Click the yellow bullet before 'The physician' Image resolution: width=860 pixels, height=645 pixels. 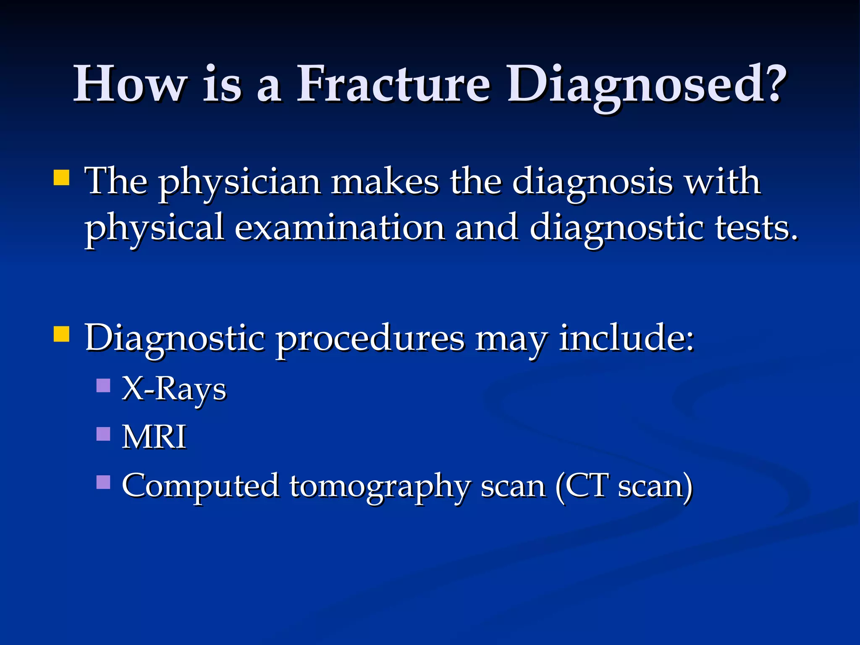tap(61, 178)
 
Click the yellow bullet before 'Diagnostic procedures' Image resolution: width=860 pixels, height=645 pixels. tap(61, 335)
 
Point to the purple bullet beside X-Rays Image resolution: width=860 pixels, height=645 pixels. tap(103, 385)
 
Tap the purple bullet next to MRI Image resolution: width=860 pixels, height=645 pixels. tap(103, 434)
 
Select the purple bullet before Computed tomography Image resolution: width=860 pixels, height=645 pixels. tap(103, 482)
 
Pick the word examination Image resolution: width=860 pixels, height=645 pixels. tap(339, 228)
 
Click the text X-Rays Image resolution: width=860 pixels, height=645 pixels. tap(174, 388)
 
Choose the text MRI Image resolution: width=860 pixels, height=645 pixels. tap(154, 437)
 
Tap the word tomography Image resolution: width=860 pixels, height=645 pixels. tap(379, 486)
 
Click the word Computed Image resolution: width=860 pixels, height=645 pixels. tap(200, 486)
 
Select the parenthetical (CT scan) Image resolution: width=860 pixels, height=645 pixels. tap(624, 486)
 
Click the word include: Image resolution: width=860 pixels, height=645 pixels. tap(627, 338)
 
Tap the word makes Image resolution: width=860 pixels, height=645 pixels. tap(385, 182)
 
